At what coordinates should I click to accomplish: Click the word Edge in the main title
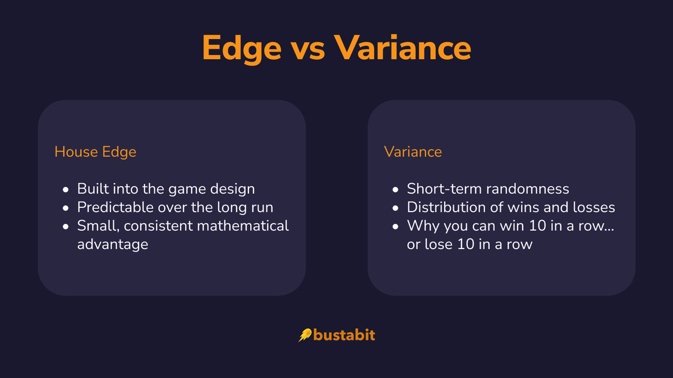(x=242, y=48)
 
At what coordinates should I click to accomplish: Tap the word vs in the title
(x=307, y=48)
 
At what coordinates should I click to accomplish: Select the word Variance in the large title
(x=402, y=48)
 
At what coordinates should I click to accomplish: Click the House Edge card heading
(x=95, y=152)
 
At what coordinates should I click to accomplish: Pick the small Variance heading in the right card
(x=413, y=152)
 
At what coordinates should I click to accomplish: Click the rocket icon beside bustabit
(x=305, y=335)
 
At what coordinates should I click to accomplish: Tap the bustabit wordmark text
(x=344, y=335)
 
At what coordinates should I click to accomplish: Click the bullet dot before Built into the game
(x=66, y=189)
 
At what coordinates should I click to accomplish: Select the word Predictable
(x=114, y=207)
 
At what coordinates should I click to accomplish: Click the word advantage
(x=112, y=244)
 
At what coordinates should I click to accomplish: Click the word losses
(x=594, y=207)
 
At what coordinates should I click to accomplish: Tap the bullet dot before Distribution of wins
(x=396, y=208)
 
